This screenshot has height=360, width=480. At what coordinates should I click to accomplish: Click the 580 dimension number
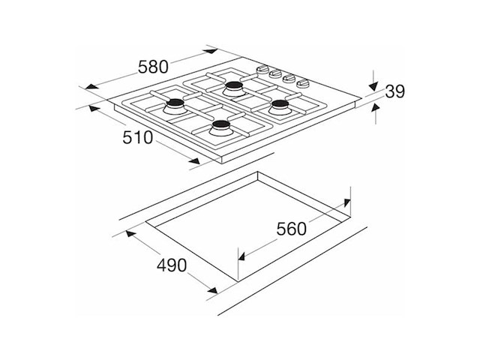pos(153,67)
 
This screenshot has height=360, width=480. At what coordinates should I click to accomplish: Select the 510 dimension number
pos(138,137)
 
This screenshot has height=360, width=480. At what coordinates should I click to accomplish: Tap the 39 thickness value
pos(395,91)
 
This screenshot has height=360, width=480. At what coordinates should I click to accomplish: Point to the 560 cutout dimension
pos(292,229)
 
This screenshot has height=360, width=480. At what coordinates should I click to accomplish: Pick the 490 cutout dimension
pos(172,265)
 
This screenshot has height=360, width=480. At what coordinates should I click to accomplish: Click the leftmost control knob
pos(262,70)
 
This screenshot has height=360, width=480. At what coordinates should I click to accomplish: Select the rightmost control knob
pos(304,83)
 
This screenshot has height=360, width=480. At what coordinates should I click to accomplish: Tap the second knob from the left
pos(276,73)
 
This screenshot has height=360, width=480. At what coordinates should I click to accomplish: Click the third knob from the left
pos(289,78)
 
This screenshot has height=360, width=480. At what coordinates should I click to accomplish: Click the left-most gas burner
pos(175,106)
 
